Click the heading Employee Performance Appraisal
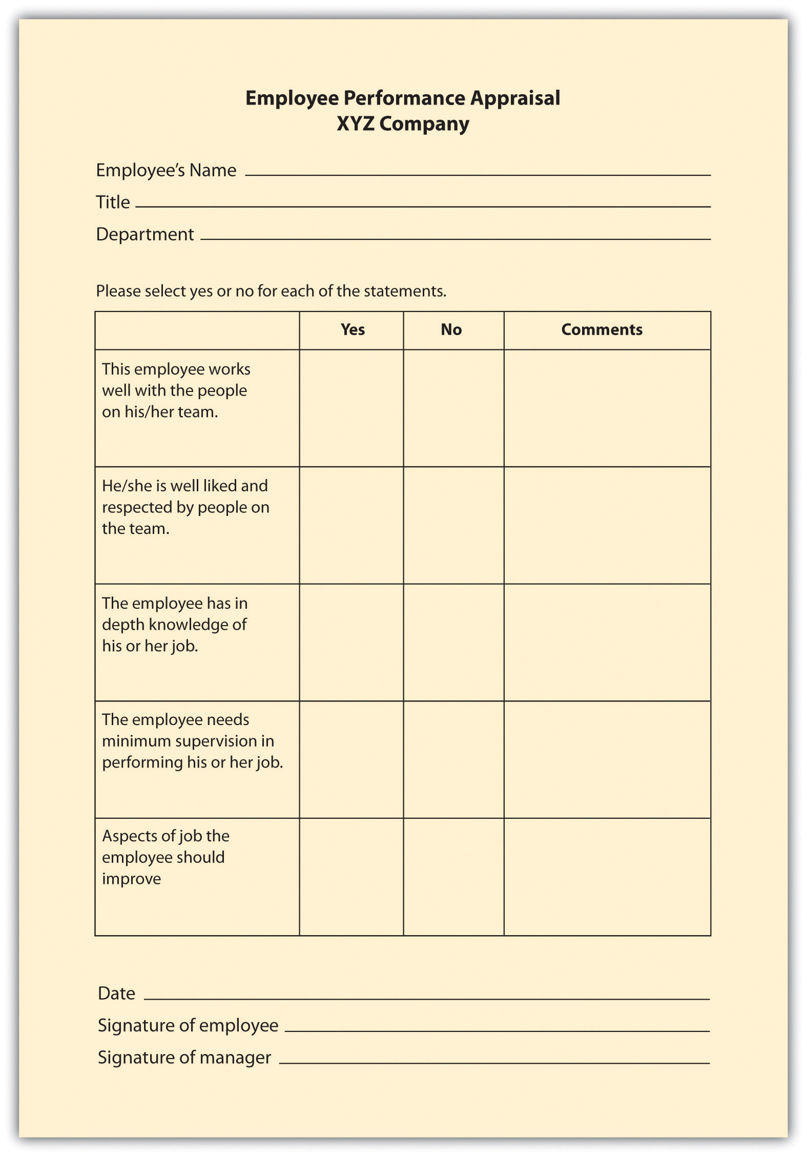point(403,98)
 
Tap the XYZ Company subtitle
point(403,124)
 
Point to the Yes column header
point(353,329)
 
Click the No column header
point(451,329)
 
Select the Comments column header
point(602,329)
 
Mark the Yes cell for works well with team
point(351,408)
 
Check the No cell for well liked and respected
point(453,525)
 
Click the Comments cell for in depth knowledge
point(607,642)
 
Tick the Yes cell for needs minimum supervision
point(351,759)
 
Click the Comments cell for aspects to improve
point(607,877)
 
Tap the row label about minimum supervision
point(192,741)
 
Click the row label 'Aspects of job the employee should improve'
point(165,857)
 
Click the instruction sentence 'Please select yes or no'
point(271,291)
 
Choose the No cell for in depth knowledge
point(453,642)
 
